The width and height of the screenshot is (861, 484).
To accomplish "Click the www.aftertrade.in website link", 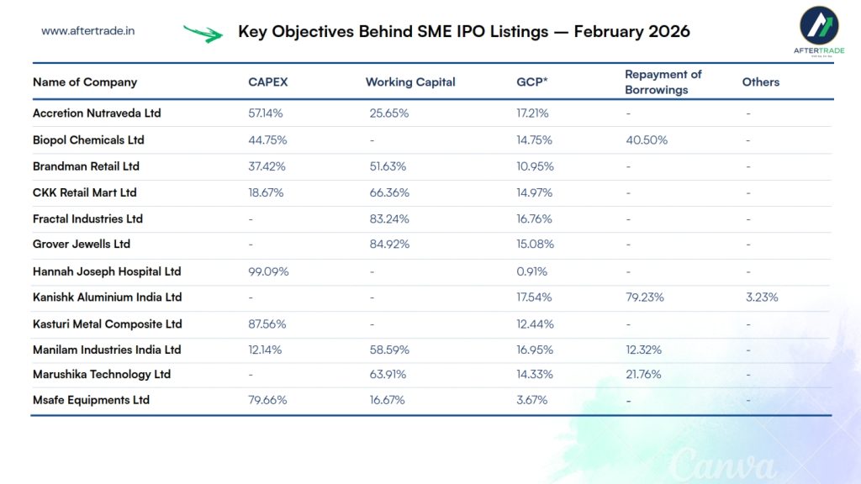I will click(x=88, y=31).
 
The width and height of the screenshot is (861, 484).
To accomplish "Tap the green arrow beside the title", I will click(x=203, y=34).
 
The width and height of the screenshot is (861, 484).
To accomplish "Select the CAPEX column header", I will click(x=268, y=82).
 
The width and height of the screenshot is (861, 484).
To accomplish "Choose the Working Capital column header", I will click(x=410, y=82).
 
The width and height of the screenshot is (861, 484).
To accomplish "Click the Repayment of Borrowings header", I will click(x=663, y=82).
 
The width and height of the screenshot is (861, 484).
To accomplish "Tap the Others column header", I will click(x=761, y=82).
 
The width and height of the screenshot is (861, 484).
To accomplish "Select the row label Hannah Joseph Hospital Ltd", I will click(x=107, y=271).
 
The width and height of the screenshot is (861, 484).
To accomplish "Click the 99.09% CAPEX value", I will click(x=268, y=271).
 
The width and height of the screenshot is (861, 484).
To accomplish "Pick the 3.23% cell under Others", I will click(x=762, y=297).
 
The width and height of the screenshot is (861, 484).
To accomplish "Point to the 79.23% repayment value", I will click(x=645, y=297).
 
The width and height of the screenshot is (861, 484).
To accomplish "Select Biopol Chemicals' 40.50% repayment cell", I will click(x=647, y=140).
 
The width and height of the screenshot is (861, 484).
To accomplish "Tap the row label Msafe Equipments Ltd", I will click(x=91, y=400).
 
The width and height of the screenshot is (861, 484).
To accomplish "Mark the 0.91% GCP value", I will click(x=531, y=271).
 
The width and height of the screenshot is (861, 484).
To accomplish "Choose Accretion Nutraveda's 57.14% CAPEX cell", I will click(x=267, y=113).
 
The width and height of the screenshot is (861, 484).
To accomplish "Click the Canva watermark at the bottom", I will click(x=722, y=462).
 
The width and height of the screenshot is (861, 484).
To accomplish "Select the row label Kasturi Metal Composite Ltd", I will click(x=108, y=324).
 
